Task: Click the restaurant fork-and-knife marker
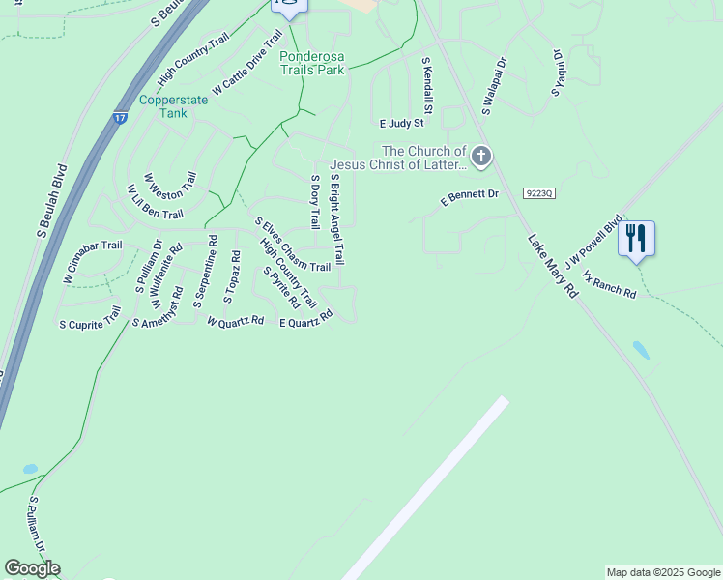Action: point(636,238)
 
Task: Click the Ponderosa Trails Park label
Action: point(312,63)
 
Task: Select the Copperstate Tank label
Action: point(161,106)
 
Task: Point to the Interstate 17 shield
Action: point(120,118)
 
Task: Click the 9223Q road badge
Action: point(539,193)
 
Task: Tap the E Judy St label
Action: point(402,124)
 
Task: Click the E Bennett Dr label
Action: point(469,197)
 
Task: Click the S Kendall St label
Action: point(426,85)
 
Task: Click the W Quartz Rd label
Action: point(235,320)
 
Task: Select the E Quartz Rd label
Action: point(305,318)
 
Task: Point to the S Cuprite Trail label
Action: point(90,318)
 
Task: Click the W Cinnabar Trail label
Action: point(93,262)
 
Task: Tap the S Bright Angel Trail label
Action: point(337,220)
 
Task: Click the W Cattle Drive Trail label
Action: point(247,63)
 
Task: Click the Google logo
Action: point(32,568)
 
